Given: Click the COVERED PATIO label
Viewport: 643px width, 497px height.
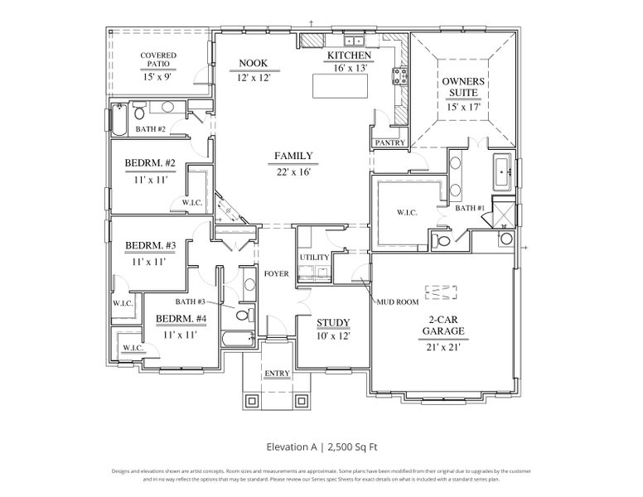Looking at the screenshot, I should point(158,60).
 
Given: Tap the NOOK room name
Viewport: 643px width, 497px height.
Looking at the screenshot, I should point(253,63).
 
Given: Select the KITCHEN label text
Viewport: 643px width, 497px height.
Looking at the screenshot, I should point(348,55).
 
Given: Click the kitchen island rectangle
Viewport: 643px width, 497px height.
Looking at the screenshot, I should point(340,85).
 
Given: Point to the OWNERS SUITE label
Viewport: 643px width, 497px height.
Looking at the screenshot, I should point(463,88).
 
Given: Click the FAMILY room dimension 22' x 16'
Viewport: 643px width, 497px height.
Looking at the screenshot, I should point(293,172).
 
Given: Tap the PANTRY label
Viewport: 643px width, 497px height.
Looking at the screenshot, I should point(389,142).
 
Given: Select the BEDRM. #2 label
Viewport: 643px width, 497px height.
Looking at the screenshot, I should point(149,163).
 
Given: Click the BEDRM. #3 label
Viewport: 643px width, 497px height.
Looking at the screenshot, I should point(150,245).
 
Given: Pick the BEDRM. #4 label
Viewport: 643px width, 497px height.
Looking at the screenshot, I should point(181,319).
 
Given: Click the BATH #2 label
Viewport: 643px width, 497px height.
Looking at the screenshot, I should point(151,129).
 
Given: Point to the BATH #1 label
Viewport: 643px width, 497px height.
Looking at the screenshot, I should point(469,208).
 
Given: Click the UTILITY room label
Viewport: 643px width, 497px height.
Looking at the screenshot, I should point(315,258).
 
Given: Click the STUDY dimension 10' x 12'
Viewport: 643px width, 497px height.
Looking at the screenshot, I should point(333,337).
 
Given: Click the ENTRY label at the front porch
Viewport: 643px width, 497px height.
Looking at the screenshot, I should point(277,374).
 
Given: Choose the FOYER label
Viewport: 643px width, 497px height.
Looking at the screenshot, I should point(276,274).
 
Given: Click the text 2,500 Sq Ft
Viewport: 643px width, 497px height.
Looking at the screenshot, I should point(354,446).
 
